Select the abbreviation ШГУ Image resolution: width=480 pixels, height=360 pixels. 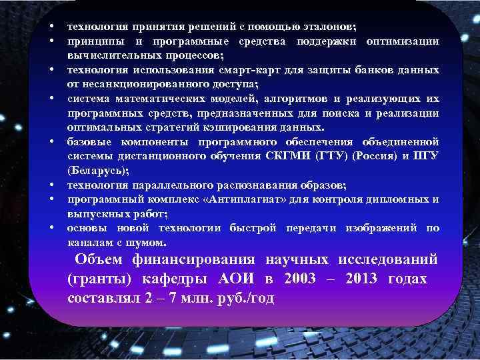(427, 156)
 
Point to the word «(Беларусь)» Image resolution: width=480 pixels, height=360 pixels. (98, 171)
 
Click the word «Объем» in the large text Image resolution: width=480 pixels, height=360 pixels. (99, 259)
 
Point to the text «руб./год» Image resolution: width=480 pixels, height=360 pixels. (246, 297)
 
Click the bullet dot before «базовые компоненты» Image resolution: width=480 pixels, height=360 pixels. (51, 142)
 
